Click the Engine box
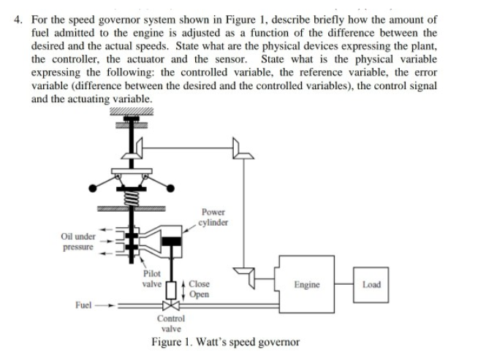[x=306, y=284]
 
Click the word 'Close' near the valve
[x=199, y=284]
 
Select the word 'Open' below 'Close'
[x=198, y=294]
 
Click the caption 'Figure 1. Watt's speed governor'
[x=225, y=342]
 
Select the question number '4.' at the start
[x=18, y=19]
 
